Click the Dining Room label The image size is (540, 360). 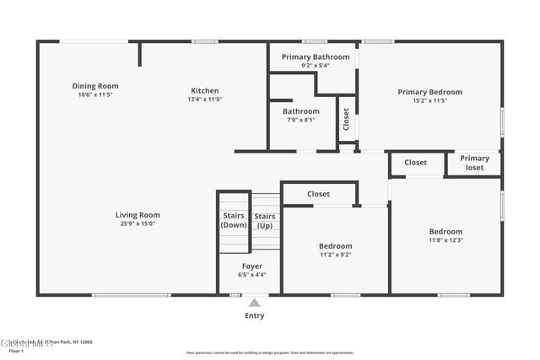pos(94,86)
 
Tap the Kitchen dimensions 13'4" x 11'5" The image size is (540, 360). pos(204,99)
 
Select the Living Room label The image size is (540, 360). pos(138,215)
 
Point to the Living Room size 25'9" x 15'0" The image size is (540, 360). pos(138,224)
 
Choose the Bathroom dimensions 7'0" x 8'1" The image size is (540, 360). pos(300,120)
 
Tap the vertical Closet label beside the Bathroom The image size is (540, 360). pos(346,119)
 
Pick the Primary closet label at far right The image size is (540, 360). pos(474,163)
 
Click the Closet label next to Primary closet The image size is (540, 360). pos(415,163)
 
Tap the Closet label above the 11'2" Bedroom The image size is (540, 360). pos(318,194)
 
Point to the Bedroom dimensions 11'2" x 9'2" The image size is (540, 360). pos(335,255)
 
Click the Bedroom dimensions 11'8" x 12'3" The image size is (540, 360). pos(445,240)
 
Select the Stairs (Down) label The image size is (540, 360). pos(233,221)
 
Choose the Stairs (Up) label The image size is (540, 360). pos(265,221)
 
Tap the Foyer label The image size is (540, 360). pos(251,266)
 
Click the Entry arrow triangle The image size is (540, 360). pos(254,303)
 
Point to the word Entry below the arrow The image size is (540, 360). pos(254,316)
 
